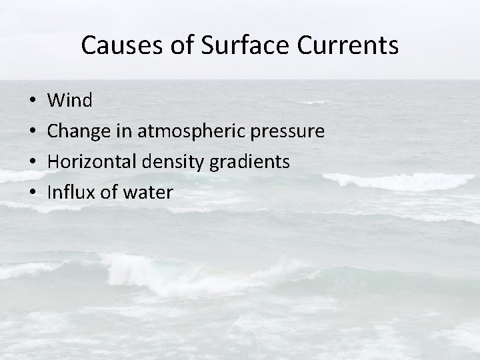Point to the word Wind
pyautogui.click(x=71, y=101)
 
